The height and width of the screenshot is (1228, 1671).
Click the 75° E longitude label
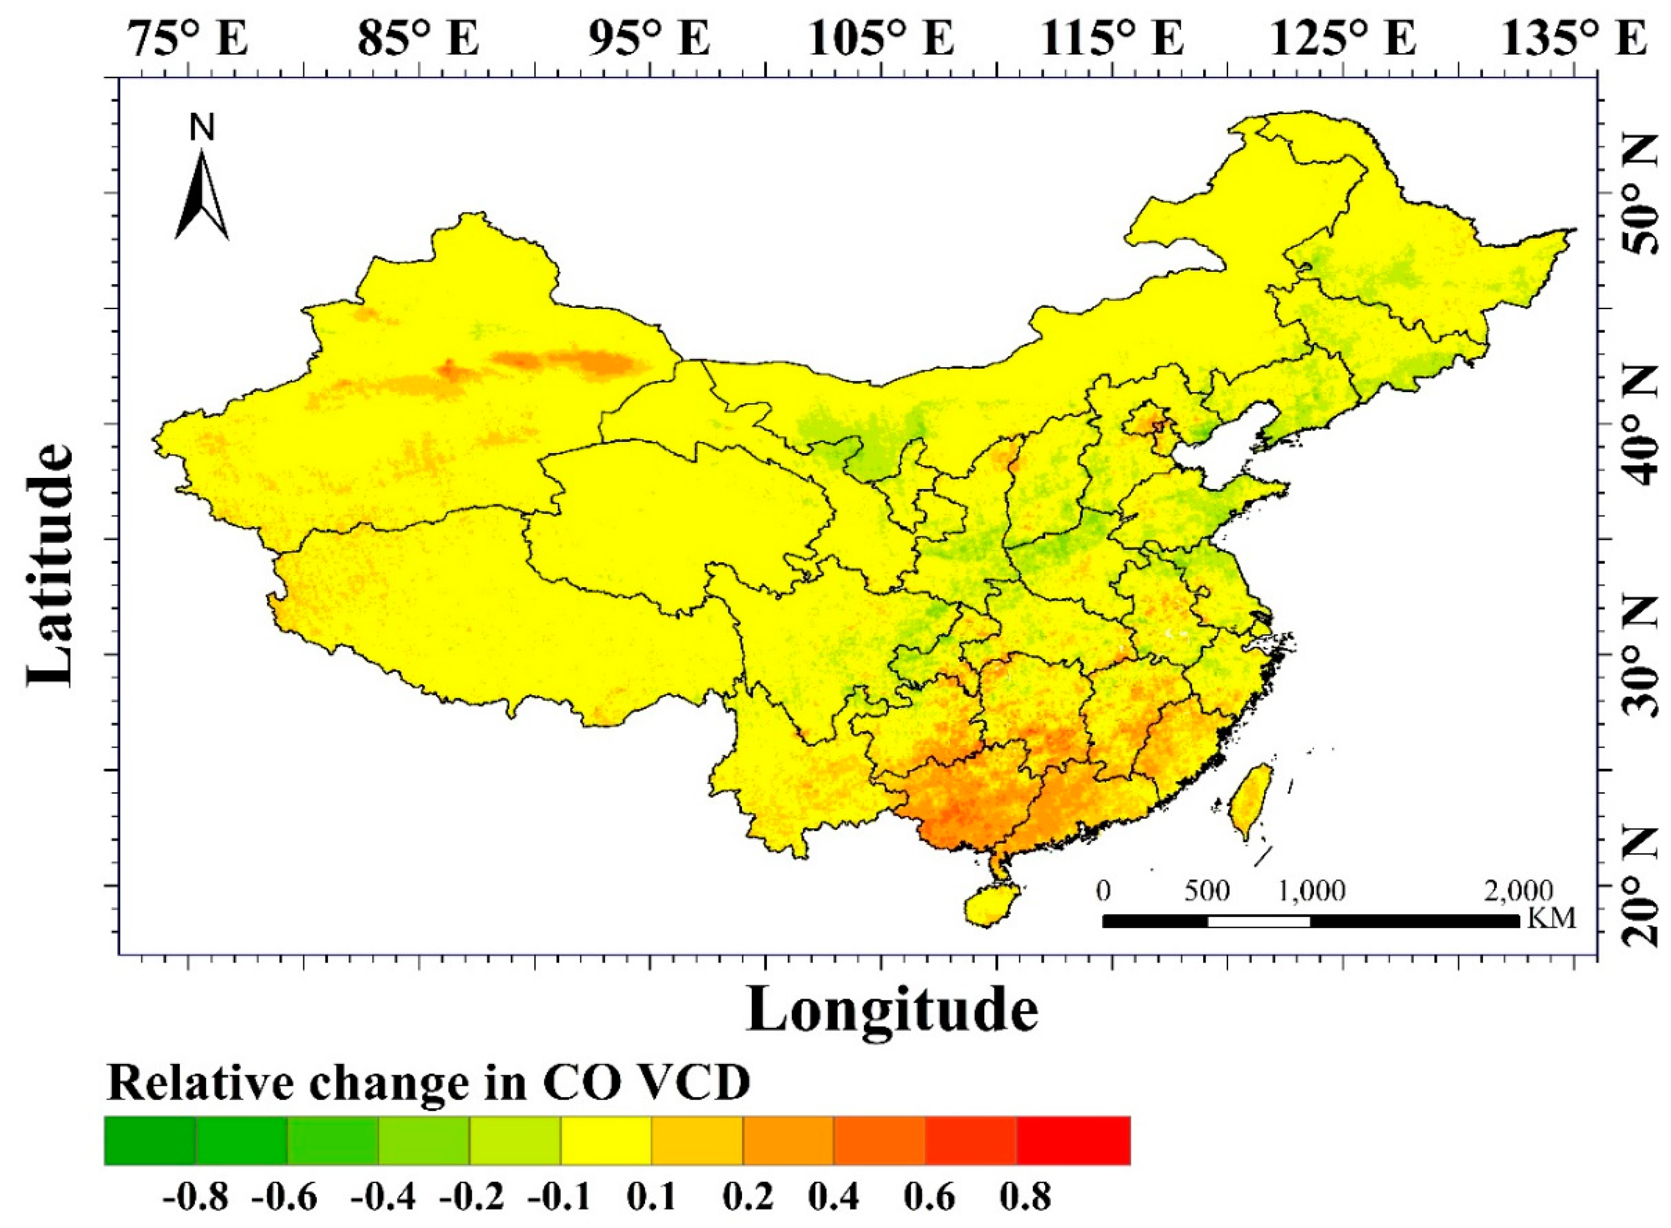(189, 38)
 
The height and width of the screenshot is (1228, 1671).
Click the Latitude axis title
(52, 565)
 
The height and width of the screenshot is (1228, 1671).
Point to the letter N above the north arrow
(202, 128)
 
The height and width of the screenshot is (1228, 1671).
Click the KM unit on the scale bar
(1551, 919)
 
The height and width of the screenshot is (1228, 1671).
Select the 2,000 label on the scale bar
(1518, 890)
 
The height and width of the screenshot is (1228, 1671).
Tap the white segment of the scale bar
(1259, 922)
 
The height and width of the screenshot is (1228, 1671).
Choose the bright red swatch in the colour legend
(1073, 1140)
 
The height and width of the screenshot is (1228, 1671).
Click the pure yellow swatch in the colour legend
(606, 1140)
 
